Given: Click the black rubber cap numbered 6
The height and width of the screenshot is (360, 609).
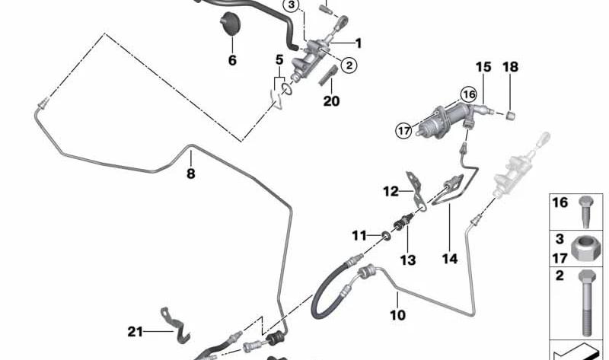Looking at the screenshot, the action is click(x=231, y=24).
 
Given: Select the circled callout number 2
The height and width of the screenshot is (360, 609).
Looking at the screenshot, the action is click(x=349, y=65).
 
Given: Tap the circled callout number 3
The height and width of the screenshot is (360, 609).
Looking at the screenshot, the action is click(x=292, y=5).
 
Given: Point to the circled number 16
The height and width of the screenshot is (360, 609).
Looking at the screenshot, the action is click(x=468, y=94).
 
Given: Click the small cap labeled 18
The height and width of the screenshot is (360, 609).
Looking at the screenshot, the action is click(x=511, y=115).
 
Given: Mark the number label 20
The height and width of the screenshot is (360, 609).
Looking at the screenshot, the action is click(x=331, y=101).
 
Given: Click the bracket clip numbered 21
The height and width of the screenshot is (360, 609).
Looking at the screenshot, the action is click(x=175, y=326).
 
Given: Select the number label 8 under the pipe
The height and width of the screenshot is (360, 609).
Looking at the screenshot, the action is click(x=190, y=174).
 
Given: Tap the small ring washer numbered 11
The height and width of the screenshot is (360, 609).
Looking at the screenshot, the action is click(x=386, y=235).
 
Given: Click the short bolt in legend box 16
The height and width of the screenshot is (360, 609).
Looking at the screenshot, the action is click(x=585, y=212).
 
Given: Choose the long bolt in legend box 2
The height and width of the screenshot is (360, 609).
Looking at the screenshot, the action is click(x=586, y=303).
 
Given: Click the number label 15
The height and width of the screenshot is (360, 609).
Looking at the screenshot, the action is click(x=483, y=67).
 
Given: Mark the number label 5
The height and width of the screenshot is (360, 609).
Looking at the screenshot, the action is click(x=279, y=60).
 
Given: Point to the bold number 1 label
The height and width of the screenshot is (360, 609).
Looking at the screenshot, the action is click(x=358, y=43).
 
